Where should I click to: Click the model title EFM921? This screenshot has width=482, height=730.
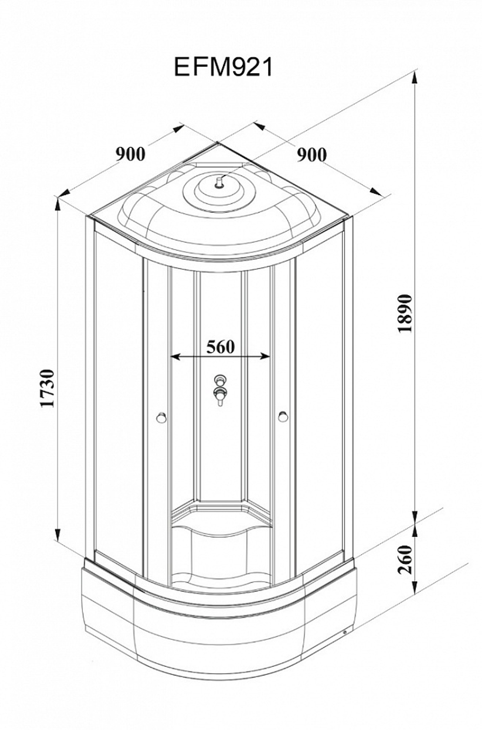point(223,67)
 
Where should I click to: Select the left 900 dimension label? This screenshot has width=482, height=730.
point(131,154)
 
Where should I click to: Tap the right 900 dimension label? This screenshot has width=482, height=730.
point(311,155)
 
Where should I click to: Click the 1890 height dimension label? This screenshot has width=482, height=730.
point(405,313)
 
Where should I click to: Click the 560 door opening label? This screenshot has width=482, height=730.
point(221,347)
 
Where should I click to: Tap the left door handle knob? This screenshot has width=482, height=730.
point(161,417)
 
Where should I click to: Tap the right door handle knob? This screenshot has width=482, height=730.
point(282,417)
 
